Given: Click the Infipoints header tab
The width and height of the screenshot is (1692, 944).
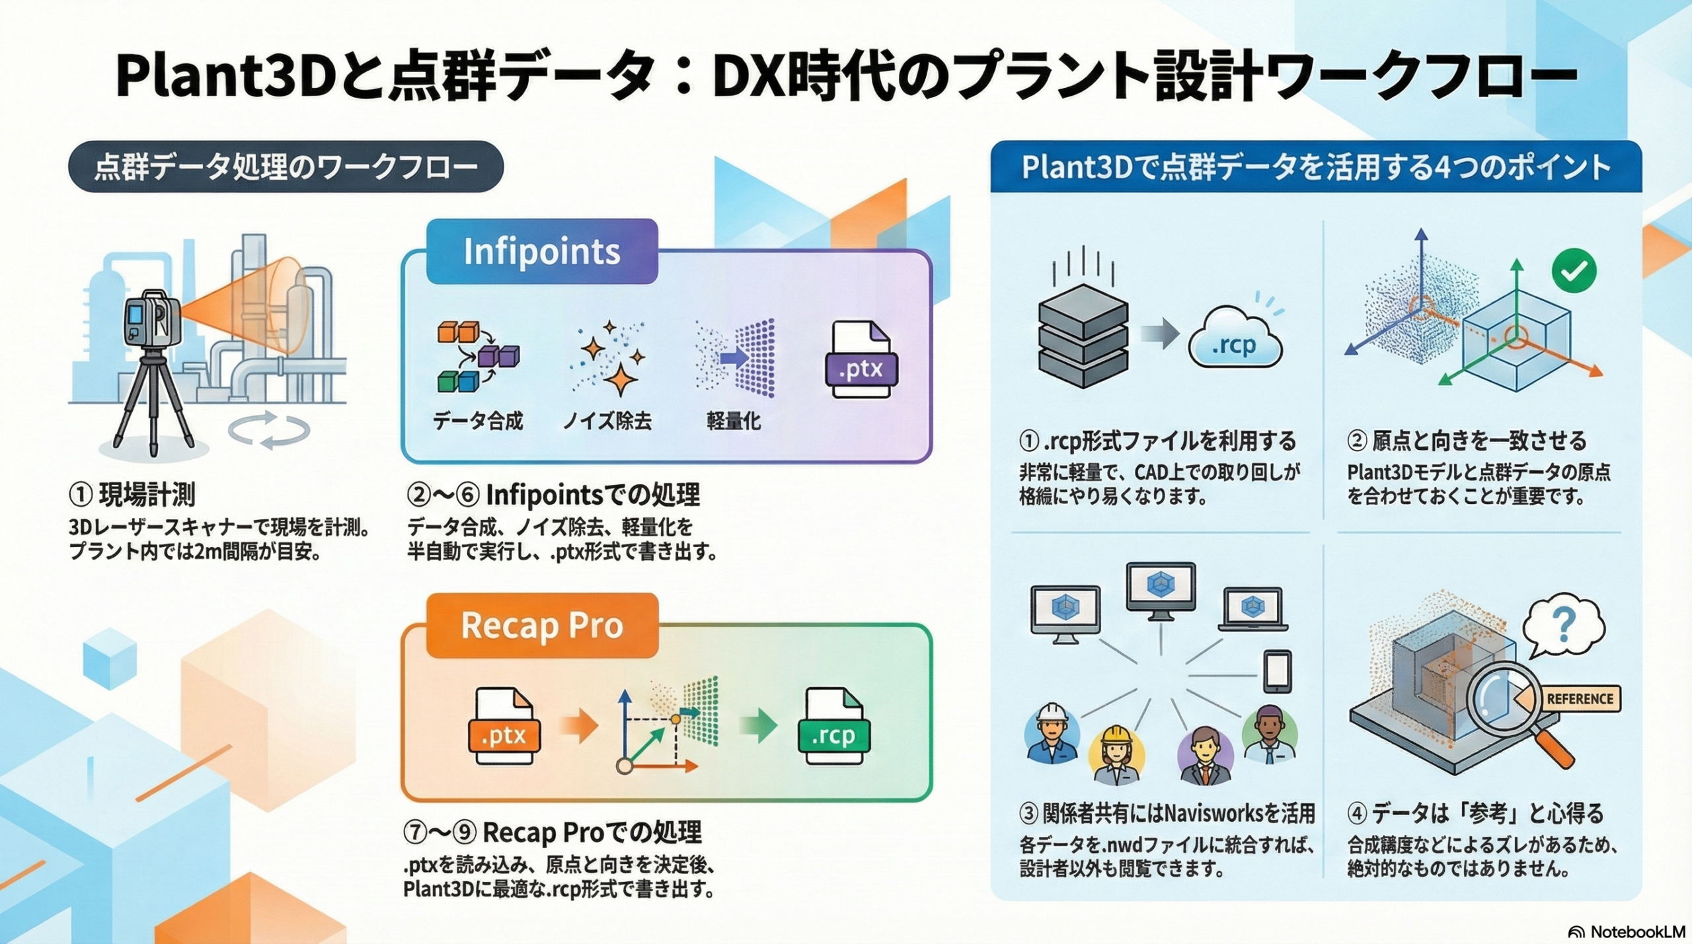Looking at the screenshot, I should click(542, 252).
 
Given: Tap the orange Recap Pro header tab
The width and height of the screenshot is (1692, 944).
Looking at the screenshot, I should click(542, 626).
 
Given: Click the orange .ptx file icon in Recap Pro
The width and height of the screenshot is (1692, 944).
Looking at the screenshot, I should click(504, 727).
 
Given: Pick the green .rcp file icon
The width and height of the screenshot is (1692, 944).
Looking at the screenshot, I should click(833, 727).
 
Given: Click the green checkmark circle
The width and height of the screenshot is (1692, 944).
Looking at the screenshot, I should click(1574, 270).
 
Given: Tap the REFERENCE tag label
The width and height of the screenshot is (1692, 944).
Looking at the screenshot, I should click(1579, 699).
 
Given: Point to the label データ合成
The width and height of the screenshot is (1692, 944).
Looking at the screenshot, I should click(477, 421).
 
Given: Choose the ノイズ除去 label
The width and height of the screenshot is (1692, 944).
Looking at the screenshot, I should click(607, 421).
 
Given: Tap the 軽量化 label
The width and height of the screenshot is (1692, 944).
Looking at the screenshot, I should click(734, 421).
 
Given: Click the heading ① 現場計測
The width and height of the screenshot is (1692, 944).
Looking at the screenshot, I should click(132, 494).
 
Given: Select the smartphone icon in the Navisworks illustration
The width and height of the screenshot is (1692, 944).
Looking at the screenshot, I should click(1277, 671).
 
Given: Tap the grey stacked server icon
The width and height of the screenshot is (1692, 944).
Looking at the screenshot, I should click(1083, 336).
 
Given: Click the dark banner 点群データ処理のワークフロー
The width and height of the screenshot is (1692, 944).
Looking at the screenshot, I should click(286, 167).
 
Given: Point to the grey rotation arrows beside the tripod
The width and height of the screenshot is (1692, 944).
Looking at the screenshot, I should click(269, 429).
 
